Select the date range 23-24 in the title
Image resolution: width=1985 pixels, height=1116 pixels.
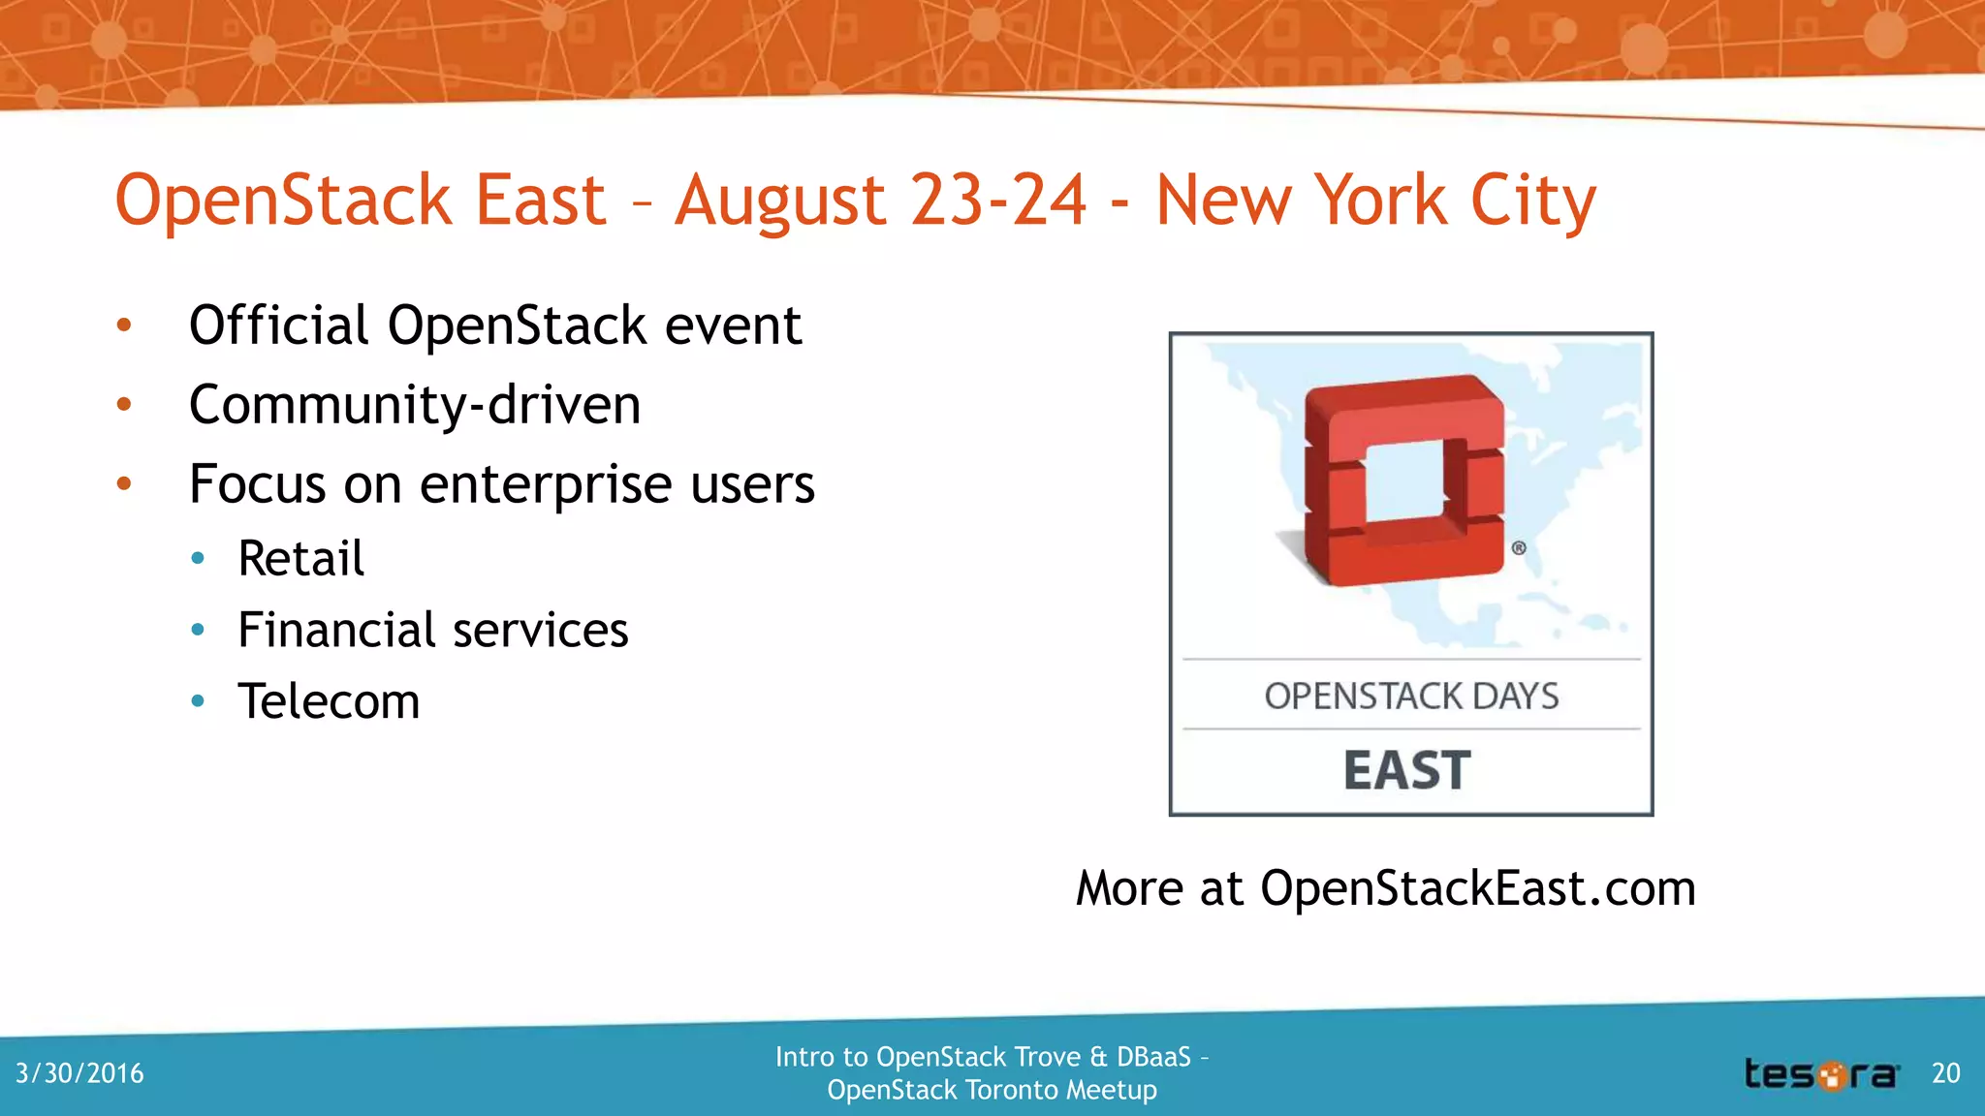click(998, 200)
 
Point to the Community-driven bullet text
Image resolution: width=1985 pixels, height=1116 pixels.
click(415, 404)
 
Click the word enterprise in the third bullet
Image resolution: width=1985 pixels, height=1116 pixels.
click(546, 483)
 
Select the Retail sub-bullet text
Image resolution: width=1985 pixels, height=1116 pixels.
click(301, 558)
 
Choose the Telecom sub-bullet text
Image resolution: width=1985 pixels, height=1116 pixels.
click(330, 700)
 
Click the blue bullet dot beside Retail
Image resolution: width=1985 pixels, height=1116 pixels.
click(198, 558)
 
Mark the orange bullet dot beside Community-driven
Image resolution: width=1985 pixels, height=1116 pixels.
click(124, 404)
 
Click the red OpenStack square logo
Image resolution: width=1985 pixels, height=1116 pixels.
click(1403, 480)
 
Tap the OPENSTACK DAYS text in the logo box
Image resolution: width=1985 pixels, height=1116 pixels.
click(1411, 696)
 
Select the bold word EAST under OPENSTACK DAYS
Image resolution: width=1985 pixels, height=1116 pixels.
click(1407, 770)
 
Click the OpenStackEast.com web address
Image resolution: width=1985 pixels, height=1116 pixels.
click(1477, 887)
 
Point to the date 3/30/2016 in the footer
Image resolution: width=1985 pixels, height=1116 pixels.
click(79, 1073)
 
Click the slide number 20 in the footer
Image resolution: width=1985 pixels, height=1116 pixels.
click(1945, 1073)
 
